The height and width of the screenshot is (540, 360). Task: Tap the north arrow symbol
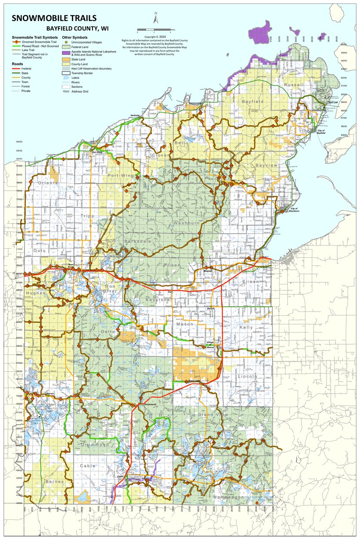click(156, 19)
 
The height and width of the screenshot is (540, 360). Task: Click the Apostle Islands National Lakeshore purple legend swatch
click(66, 52)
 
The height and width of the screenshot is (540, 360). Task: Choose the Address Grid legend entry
click(80, 91)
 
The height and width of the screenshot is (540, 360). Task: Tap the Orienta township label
click(48, 183)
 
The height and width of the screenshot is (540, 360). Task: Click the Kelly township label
click(246, 327)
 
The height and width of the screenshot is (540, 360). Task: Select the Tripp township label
click(86, 216)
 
